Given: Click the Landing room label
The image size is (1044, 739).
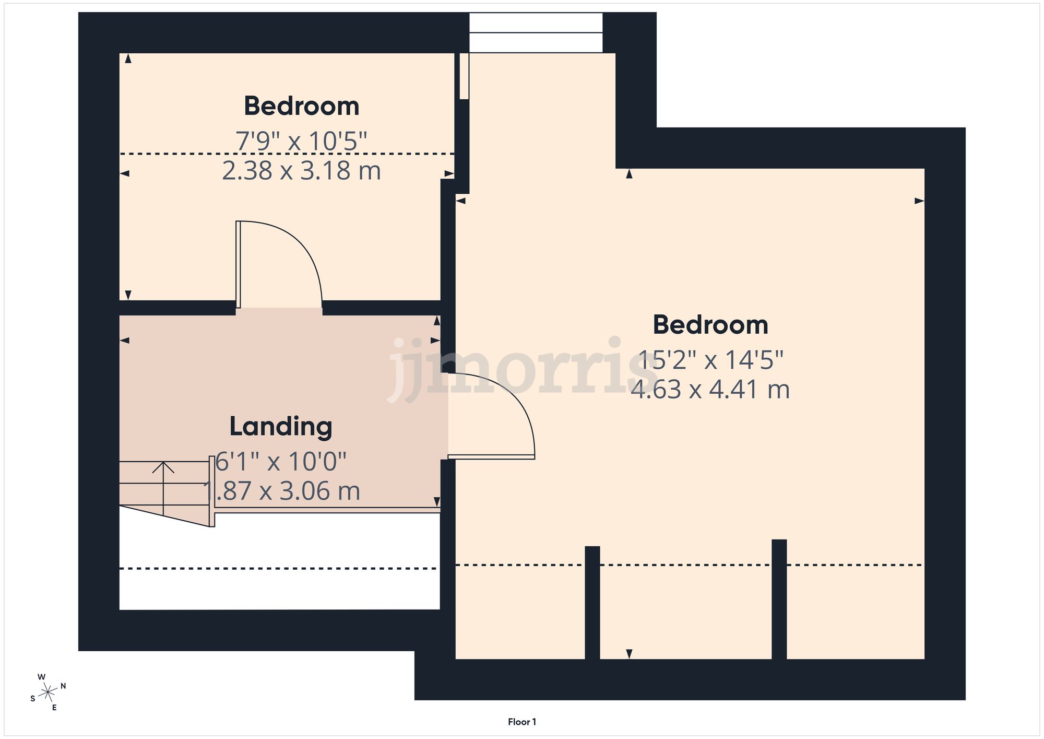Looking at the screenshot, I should [281, 427].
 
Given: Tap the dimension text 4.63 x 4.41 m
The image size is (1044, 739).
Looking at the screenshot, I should [710, 390].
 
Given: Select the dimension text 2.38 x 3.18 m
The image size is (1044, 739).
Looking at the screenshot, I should [301, 171].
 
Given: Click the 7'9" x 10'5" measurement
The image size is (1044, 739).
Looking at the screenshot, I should [301, 141].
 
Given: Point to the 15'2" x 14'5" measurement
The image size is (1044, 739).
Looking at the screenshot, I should [710, 360].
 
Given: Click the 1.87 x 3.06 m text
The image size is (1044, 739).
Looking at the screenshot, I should [282, 491].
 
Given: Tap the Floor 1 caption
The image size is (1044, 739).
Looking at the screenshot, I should [521, 722].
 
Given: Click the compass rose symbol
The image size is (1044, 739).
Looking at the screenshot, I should [48, 693].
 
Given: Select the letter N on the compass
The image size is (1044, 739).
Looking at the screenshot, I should [63, 686].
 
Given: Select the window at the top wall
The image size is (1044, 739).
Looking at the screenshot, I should [536, 33].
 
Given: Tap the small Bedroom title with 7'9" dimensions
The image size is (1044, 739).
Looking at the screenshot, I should [301, 106].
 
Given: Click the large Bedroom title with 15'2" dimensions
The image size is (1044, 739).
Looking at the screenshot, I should [710, 325].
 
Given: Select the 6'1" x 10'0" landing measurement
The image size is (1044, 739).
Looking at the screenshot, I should [281, 462].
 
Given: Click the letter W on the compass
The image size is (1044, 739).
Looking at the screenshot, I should [41, 677].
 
